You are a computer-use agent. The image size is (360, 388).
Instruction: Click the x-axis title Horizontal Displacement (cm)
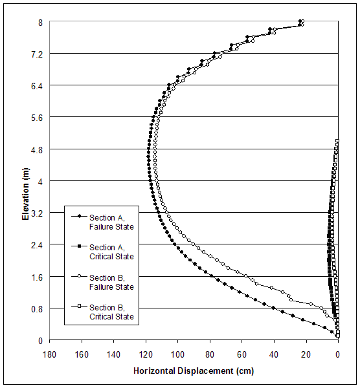coord(194,371)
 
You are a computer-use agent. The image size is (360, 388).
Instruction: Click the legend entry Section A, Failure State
coord(111,222)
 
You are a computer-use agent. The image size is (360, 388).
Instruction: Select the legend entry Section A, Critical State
coord(111,252)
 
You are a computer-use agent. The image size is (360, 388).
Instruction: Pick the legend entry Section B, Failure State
coord(111,282)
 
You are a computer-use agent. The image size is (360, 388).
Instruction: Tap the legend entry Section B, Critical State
coord(111,312)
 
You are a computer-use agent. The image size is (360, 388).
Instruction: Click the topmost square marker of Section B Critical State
coord(337,141)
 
